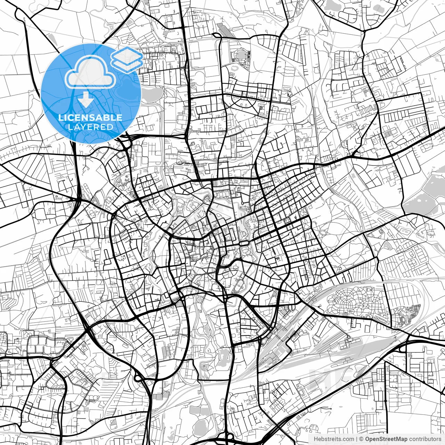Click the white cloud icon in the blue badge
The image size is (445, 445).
pos(91,72)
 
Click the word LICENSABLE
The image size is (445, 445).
pos(90,118)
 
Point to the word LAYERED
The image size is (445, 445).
pos(90,127)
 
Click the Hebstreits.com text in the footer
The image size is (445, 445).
pos(334,439)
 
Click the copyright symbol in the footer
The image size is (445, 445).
pos(361,439)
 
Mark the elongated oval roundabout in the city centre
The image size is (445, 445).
pos(244,243)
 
